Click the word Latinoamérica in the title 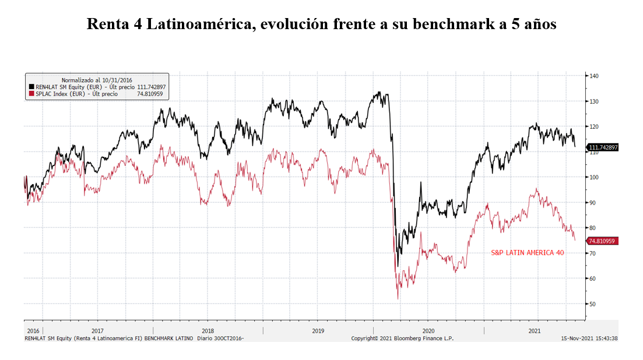[x=191, y=24]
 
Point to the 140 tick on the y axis [x=594, y=76]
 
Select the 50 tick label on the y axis [x=592, y=304]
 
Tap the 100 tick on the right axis [x=594, y=177]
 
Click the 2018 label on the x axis [x=208, y=330]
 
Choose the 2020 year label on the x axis [x=428, y=330]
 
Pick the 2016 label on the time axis [x=33, y=330]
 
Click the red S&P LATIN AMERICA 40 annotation [x=528, y=253]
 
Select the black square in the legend [x=31, y=86]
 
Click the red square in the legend [x=31, y=93]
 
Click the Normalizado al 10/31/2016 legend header [x=97, y=79]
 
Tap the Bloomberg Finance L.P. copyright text [x=402, y=338]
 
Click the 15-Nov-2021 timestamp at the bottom [x=589, y=338]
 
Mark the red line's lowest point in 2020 [x=398, y=299]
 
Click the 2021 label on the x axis [x=533, y=330]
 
